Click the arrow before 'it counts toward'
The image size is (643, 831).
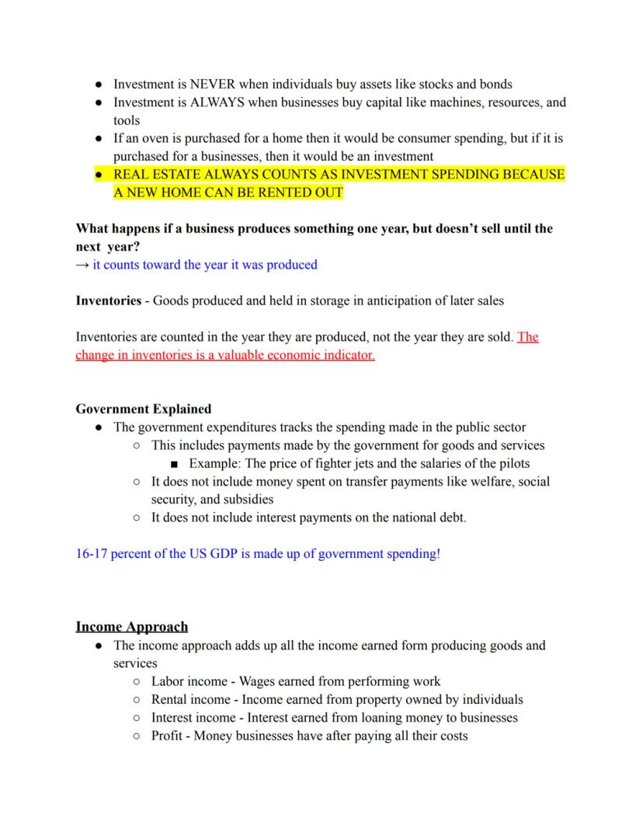pos(82,265)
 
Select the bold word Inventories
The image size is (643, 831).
pos(108,300)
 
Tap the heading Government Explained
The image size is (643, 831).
pos(143,409)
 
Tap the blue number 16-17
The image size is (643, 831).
pos(91,554)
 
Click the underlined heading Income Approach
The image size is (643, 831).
pos(132,626)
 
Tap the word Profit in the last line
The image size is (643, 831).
pos(169,736)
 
